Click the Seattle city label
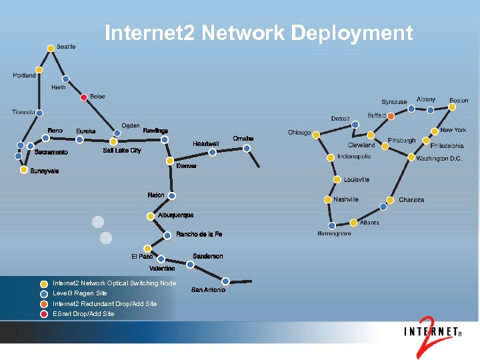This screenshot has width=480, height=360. point(66,47)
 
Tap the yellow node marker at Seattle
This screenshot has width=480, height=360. point(51,48)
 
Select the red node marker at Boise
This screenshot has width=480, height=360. point(84,97)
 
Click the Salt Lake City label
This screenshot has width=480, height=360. point(122,151)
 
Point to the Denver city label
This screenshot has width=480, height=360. point(187,166)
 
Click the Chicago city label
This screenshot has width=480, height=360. point(299,133)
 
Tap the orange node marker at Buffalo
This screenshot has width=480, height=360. point(391,116)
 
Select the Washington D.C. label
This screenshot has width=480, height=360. point(439,159)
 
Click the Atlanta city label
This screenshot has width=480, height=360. point(369,223)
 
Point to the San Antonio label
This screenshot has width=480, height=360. point(208,289)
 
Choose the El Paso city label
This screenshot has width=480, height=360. point(142,256)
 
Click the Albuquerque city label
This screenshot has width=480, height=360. point(176,215)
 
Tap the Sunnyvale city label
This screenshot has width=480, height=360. point(45,171)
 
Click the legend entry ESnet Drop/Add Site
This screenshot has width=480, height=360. point(83,313)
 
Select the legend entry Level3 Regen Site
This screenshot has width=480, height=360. point(80,293)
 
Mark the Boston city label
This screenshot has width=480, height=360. point(459,101)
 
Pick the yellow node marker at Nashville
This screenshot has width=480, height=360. point(328,199)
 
